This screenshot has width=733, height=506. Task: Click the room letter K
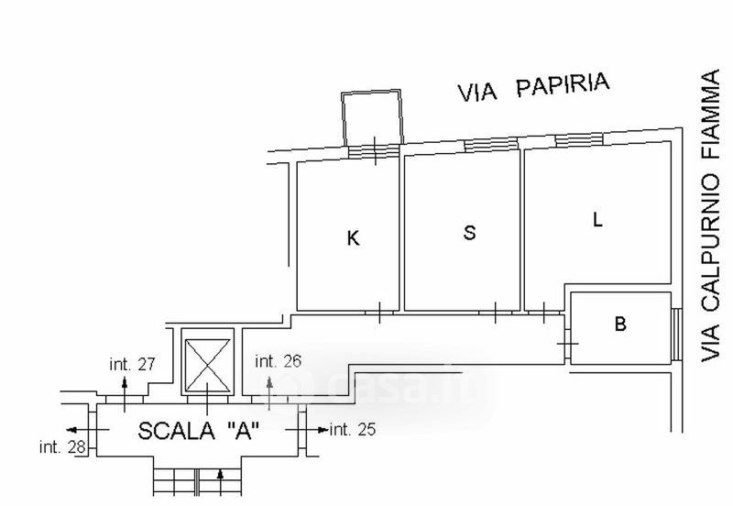(353, 239)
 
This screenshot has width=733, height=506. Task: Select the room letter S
(469, 233)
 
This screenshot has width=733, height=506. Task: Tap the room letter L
(597, 220)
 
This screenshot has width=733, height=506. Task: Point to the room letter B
(620, 324)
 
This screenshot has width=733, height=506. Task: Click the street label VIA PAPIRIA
(534, 88)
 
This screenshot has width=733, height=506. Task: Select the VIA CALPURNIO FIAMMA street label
(710, 217)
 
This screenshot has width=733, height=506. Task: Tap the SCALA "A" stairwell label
(198, 430)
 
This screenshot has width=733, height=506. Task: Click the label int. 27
(133, 365)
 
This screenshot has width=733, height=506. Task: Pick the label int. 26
(279, 360)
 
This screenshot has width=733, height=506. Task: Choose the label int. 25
(353, 429)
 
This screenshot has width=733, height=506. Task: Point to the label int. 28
(61, 447)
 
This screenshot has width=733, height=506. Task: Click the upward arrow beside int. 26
(268, 381)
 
